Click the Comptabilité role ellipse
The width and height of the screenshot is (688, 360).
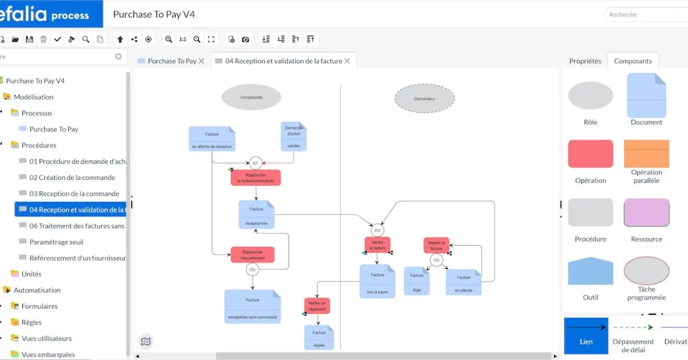pos(251,97)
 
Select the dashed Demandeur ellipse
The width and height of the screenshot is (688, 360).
pos(424,99)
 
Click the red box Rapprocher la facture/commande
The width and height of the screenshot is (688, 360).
pos(256,178)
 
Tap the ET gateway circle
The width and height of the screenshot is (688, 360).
pos(256,163)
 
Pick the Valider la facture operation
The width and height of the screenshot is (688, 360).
pos(378,245)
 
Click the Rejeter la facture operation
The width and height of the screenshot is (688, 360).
pos(436,245)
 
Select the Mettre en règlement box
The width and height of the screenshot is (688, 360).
pos(317,306)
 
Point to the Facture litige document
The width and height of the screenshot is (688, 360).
pos(417,281)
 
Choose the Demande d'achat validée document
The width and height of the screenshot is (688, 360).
pos(294,136)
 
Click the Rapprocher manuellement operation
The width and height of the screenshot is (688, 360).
pos(252,255)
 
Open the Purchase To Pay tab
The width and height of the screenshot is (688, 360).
pos(171,61)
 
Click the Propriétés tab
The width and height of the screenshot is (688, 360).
pos(585,61)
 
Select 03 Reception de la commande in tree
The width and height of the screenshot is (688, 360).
pos(74,194)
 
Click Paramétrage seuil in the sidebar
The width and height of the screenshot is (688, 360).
pos(56,242)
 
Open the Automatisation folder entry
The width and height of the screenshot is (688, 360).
pos(37,290)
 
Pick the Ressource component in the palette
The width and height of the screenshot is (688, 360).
pos(646,213)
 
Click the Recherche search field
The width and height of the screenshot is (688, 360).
pos(645,14)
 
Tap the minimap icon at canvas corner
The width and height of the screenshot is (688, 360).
pos(146,342)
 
